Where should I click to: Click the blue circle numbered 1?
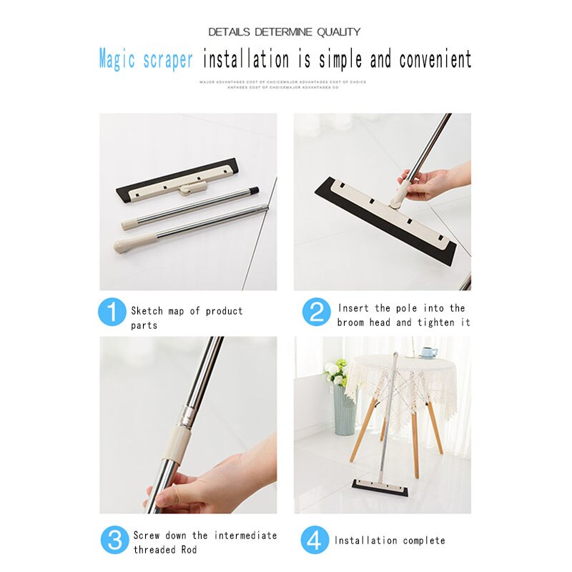[112, 312]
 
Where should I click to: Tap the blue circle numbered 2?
[316, 312]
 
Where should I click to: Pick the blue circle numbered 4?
[315, 540]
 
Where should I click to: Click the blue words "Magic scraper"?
[146, 59]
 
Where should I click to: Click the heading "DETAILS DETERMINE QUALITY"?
[285, 32]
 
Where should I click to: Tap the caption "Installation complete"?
[390, 541]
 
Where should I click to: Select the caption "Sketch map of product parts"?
[187, 318]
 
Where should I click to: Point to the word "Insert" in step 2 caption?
[355, 308]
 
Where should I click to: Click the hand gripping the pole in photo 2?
[429, 182]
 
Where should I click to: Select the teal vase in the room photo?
[345, 409]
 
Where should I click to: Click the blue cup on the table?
[428, 352]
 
